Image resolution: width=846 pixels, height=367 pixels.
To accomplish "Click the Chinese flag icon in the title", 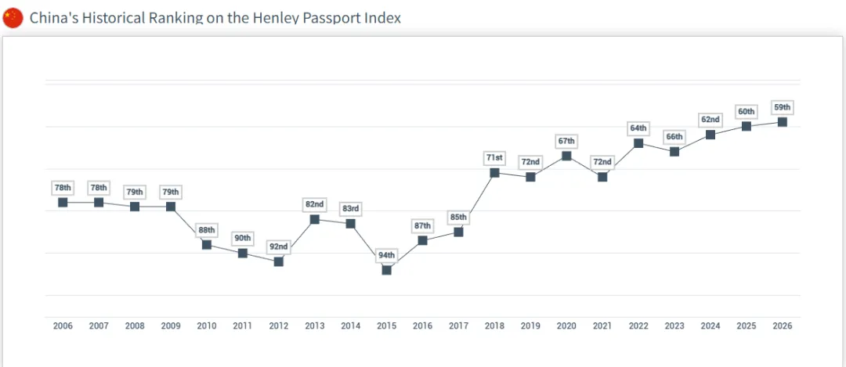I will pos(13,17).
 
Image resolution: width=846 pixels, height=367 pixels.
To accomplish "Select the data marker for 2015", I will pos(386,270).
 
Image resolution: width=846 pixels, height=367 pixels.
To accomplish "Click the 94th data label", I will pos(386,255).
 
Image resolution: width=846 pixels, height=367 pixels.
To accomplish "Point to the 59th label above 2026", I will pos(782,107).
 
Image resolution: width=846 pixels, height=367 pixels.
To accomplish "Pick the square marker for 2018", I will pos(494,172).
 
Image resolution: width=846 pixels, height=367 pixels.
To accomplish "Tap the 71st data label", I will pos(494,158).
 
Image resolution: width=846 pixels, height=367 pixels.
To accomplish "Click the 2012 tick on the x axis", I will pos(279,326).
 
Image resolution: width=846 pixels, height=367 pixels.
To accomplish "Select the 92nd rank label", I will pos(279,246).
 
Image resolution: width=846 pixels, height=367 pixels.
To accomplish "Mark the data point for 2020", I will pos(566,156).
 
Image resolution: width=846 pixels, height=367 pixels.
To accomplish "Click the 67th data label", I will pos(566,141).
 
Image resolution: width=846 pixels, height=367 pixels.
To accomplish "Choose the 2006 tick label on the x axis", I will pos(63,326).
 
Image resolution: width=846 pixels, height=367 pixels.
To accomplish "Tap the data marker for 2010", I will pos(207,244).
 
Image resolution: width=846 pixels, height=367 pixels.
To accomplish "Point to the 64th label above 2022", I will pos(638,128).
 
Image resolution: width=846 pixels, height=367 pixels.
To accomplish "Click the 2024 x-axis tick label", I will pos(710,326).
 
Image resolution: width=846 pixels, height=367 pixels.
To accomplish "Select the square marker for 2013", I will pos(315,219).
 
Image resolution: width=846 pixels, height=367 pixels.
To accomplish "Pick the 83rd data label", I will pos(350,209).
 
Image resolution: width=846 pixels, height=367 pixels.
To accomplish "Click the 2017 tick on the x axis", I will pos(458,326).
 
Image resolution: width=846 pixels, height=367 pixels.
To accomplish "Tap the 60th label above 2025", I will pos(747,112).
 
